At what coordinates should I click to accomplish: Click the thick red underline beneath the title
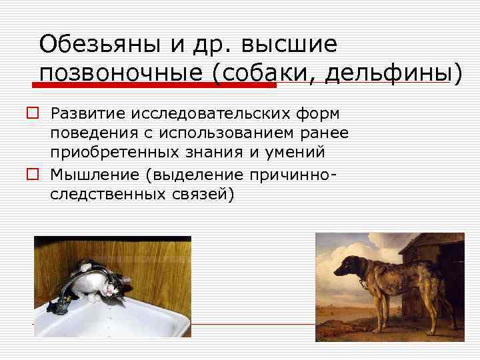[153, 85]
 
